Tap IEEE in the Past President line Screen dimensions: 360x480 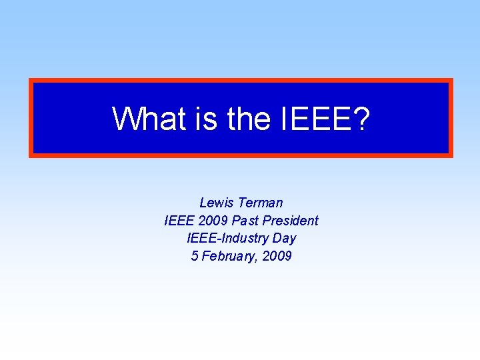(179, 221)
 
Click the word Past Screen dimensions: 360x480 (246, 221)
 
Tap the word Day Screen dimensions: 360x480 (284, 239)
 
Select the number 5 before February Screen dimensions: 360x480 (195, 257)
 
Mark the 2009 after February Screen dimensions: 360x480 (277, 257)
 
